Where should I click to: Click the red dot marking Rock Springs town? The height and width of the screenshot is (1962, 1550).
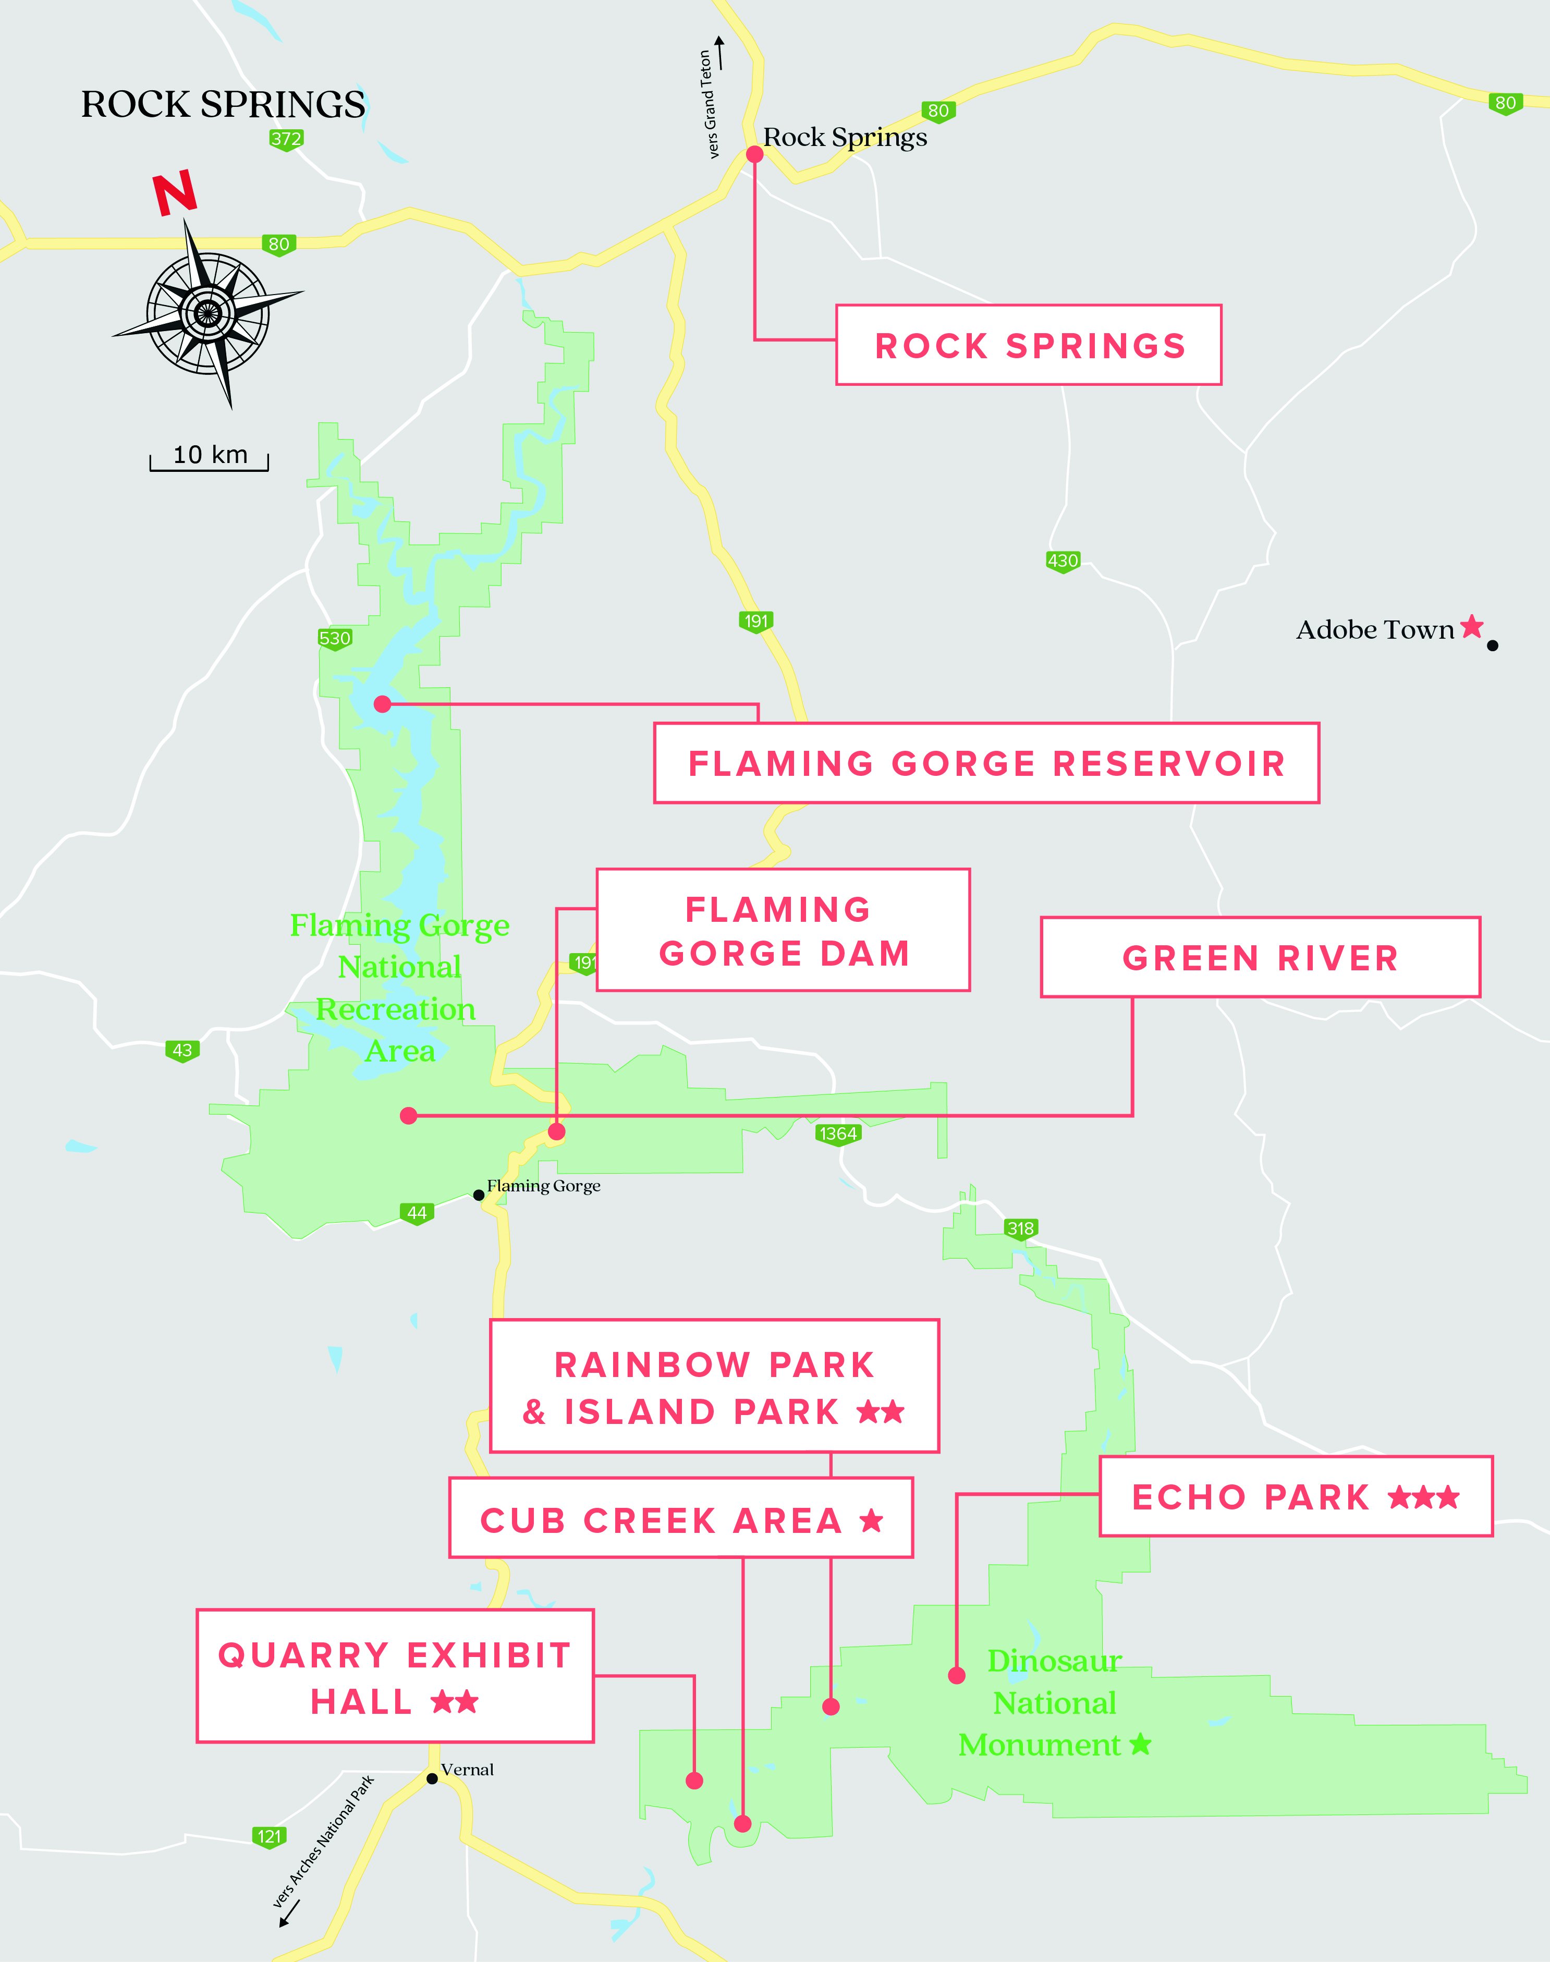[x=754, y=154]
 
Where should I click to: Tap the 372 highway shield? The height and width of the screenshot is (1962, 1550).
[x=286, y=139]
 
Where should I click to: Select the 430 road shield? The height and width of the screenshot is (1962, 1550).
[x=1063, y=561]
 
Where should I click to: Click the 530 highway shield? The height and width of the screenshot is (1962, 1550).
[x=335, y=638]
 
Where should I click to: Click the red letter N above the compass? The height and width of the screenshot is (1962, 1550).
[x=175, y=193]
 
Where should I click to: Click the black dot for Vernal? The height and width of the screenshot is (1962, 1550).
[x=433, y=1778]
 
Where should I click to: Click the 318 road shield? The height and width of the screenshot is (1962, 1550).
[x=1020, y=1229]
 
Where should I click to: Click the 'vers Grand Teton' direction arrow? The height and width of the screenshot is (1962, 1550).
[x=719, y=54]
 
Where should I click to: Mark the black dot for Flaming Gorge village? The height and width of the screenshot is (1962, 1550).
[x=478, y=1195]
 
